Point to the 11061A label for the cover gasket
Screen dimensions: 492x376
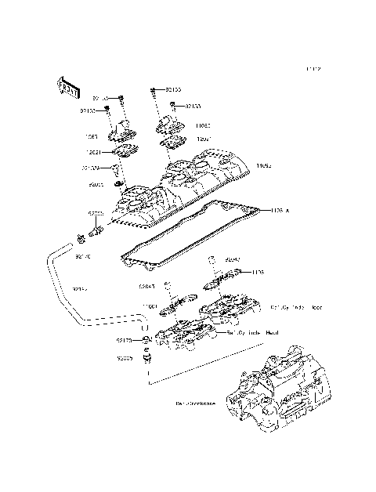(280, 210)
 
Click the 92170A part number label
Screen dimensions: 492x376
(90, 168)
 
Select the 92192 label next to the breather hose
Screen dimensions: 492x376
(79, 288)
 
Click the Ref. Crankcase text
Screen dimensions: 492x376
(195, 404)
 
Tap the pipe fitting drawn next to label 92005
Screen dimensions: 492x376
(147, 357)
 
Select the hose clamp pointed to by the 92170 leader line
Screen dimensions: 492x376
(146, 339)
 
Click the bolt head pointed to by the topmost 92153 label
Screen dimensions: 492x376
(151, 91)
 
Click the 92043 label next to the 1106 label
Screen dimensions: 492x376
(233, 259)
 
